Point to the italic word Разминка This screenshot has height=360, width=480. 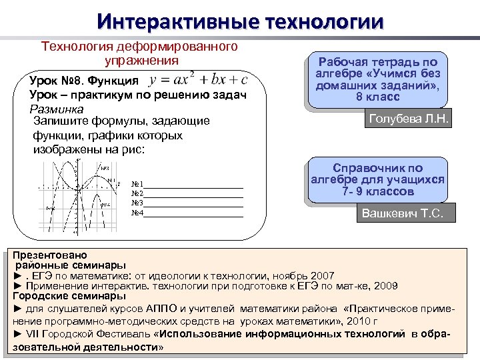(x=56, y=109)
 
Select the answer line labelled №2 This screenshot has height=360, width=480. (x=193, y=194)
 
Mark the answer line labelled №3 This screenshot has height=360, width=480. (x=193, y=203)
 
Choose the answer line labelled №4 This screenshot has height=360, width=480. (x=193, y=213)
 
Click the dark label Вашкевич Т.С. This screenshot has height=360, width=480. (x=407, y=214)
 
